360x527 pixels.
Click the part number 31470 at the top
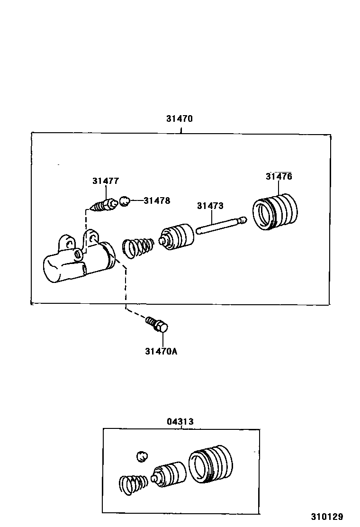pyautogui.click(x=180, y=119)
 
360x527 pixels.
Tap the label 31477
pyautogui.click(x=106, y=181)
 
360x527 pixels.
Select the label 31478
pyautogui.click(x=157, y=200)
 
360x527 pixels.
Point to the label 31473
pyautogui.click(x=210, y=206)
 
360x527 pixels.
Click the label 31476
pyautogui.click(x=279, y=177)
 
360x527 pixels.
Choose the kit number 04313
pyautogui.click(x=180, y=421)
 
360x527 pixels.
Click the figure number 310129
pyautogui.click(x=327, y=517)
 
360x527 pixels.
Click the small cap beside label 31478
pyautogui.click(x=124, y=201)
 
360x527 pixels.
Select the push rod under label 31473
pyautogui.click(x=221, y=226)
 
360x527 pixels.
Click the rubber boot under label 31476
pyautogui.click(x=274, y=212)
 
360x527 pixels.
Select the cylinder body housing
pyautogui.click(x=78, y=261)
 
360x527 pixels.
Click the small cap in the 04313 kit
pyautogui.click(x=142, y=456)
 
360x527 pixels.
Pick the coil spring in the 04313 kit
pyautogui.click(x=133, y=484)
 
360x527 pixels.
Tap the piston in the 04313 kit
pyautogui.click(x=169, y=473)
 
